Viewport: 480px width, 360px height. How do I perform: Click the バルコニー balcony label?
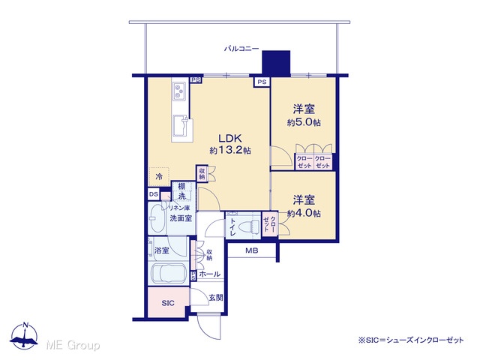(x=241, y=48)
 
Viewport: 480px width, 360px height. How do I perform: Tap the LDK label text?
(x=230, y=138)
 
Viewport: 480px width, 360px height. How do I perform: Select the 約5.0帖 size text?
(x=304, y=122)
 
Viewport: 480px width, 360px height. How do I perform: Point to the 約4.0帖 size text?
(x=304, y=213)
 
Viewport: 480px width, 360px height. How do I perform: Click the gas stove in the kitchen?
(x=179, y=91)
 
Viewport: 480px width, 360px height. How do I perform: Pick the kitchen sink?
(x=181, y=125)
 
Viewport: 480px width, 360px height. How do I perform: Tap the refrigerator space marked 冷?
(x=159, y=177)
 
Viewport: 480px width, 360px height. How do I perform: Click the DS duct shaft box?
(x=154, y=194)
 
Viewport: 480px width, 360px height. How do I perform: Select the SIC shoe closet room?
(x=168, y=302)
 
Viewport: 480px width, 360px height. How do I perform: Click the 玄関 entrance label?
(x=216, y=298)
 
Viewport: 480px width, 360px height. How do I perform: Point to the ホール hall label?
(x=210, y=274)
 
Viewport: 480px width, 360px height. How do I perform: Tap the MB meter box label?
(x=252, y=250)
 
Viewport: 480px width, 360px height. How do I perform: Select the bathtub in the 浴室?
(x=169, y=273)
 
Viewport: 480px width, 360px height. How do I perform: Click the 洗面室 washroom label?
(x=181, y=218)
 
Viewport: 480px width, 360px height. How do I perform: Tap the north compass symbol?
(x=24, y=336)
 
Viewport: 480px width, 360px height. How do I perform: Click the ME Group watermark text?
(x=73, y=345)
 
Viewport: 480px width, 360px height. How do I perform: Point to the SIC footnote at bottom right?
(x=411, y=340)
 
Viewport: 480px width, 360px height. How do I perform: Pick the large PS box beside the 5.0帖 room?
(x=262, y=82)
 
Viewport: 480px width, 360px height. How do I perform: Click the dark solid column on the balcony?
(x=276, y=63)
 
